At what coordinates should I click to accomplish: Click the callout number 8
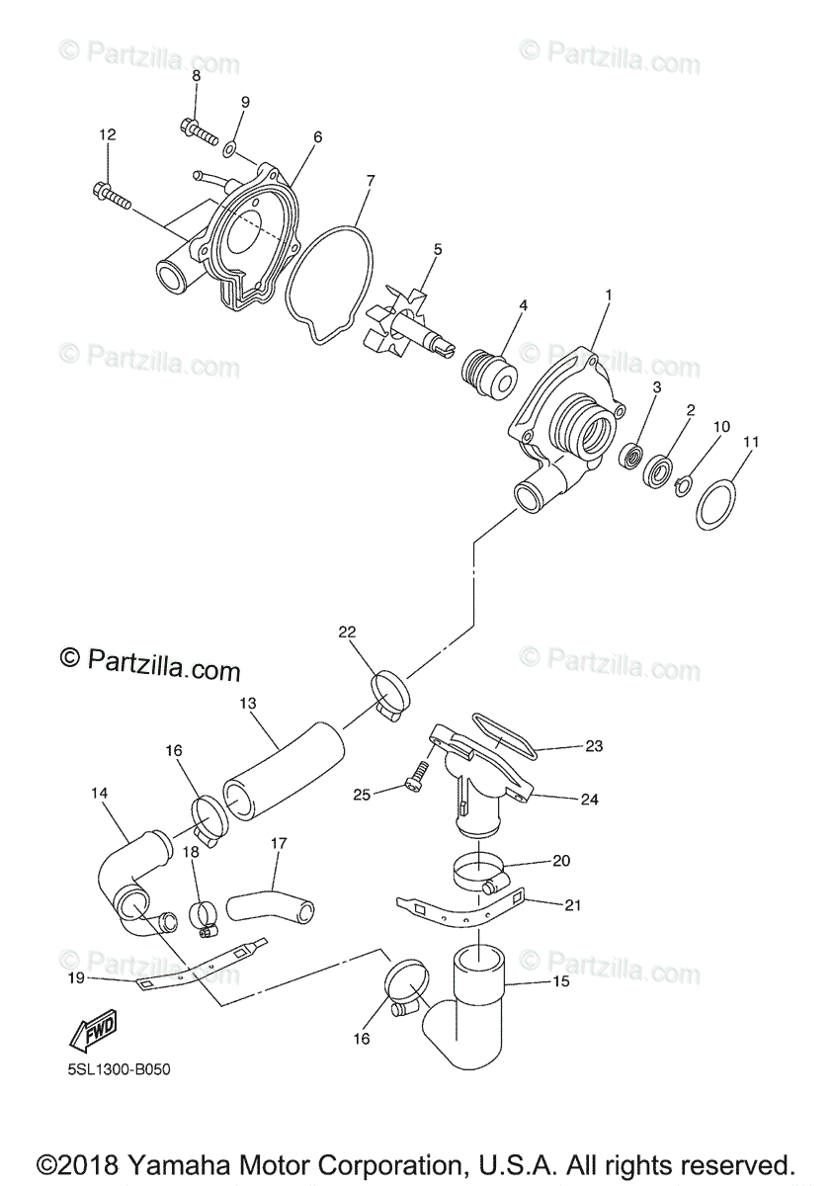click(x=196, y=76)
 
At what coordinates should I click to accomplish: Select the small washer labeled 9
click(x=228, y=149)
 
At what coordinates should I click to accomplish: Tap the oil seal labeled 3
click(x=628, y=456)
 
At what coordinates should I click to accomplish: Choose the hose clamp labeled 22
click(x=391, y=688)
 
